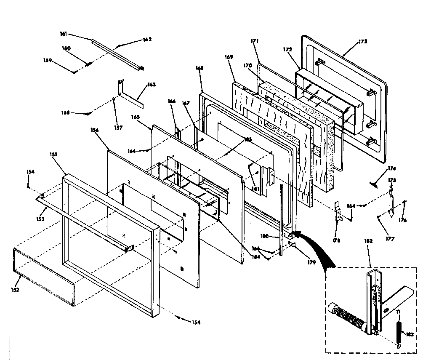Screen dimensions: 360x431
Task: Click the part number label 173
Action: [363, 42]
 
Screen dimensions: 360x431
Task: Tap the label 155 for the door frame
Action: [53, 155]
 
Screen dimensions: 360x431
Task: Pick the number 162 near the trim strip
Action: [147, 40]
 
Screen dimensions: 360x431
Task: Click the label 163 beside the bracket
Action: [152, 85]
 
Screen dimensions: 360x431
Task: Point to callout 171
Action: [255, 41]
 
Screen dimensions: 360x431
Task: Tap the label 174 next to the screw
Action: [392, 168]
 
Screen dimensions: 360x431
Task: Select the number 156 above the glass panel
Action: [94, 131]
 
